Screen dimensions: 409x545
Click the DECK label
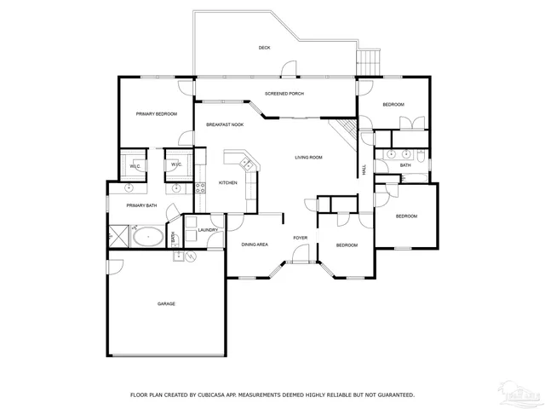coord(265,48)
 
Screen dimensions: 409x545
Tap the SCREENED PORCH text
coord(284,94)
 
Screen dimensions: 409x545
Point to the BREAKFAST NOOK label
coord(225,125)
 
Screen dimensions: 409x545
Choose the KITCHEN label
coord(228,182)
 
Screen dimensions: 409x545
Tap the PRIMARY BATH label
coord(141,205)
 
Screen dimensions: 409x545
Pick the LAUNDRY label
coord(209,230)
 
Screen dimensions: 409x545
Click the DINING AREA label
coord(255,245)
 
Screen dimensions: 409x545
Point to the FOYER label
coord(301,238)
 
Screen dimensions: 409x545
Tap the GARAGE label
coord(166,303)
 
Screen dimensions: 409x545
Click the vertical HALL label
coord(365,170)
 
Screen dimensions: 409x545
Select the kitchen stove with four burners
coord(201,187)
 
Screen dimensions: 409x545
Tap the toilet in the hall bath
coord(421,155)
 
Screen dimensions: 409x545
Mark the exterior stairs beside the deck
coord(369,61)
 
